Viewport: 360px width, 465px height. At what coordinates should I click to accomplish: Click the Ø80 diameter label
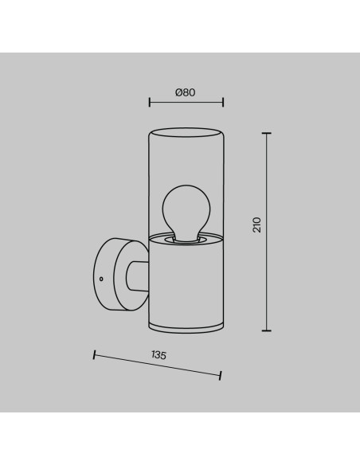tap(186, 92)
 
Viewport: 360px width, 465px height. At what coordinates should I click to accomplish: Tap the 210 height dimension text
tap(257, 225)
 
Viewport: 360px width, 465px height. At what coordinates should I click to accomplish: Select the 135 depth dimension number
tap(159, 355)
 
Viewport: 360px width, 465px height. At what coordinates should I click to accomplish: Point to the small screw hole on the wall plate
tap(101, 279)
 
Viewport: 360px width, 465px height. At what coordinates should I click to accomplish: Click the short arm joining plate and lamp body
tap(137, 276)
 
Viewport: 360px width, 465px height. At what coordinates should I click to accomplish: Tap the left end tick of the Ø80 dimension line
tap(150, 102)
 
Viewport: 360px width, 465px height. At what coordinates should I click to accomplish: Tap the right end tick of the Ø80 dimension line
tap(223, 102)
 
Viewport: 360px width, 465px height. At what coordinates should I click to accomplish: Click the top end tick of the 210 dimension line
tap(267, 134)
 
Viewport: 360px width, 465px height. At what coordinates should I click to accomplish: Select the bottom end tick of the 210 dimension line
tap(267, 330)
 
